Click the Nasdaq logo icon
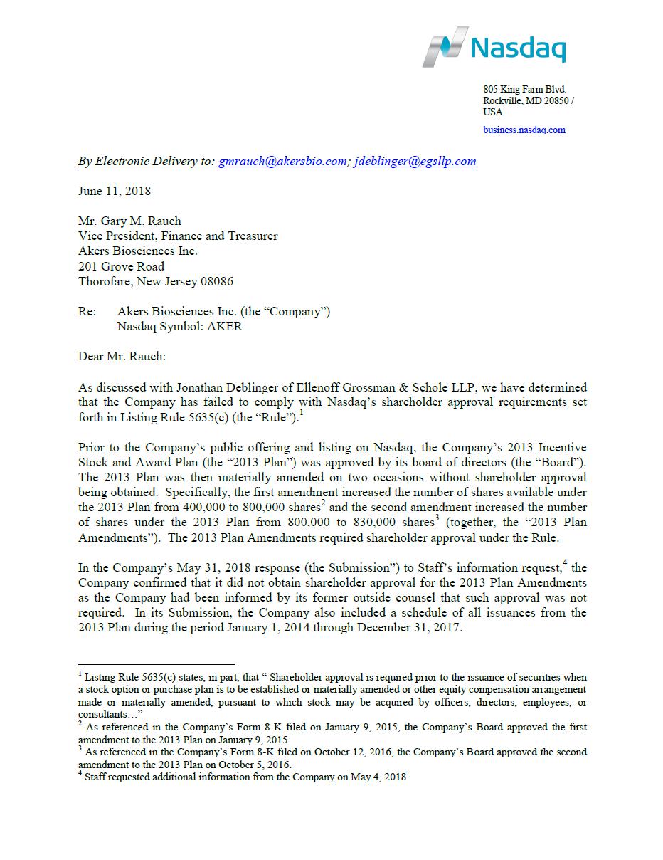[x=446, y=48]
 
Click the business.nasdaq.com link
[x=524, y=130]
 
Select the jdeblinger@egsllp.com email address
[x=415, y=161]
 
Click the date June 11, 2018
[x=114, y=191]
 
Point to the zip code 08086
[x=216, y=281]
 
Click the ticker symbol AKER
[x=225, y=327]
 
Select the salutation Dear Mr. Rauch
[x=122, y=357]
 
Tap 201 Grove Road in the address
[x=121, y=266]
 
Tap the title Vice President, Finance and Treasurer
[x=178, y=236]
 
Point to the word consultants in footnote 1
[x=102, y=715]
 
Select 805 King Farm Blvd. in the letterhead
[x=525, y=90]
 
